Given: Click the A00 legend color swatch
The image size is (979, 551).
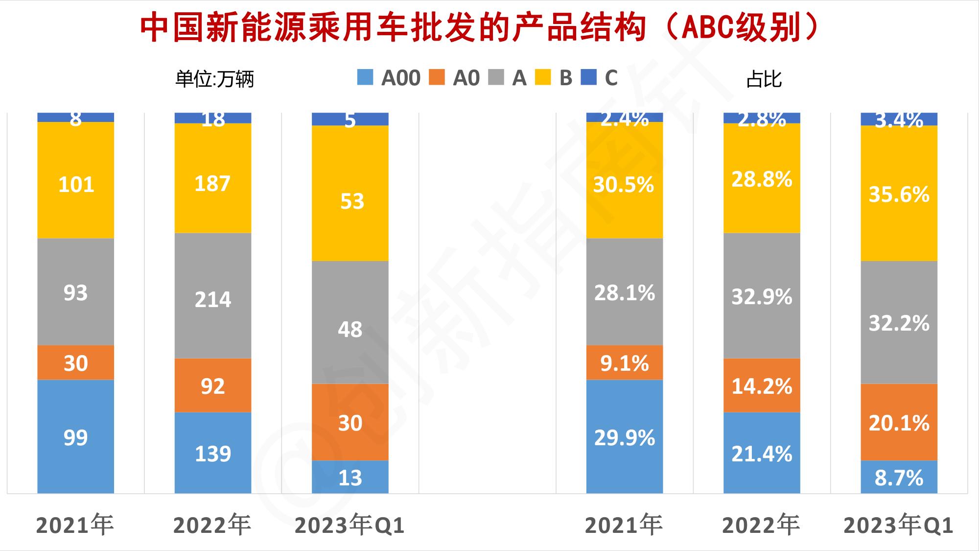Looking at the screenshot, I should click(x=365, y=77).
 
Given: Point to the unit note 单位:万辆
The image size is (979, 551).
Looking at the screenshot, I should click(x=214, y=79).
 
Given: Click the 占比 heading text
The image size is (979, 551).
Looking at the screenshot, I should click(x=764, y=79).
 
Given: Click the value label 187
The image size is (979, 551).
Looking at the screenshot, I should click(x=212, y=184).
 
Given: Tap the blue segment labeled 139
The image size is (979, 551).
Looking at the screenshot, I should click(x=213, y=453).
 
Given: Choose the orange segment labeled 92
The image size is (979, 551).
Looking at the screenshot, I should click(x=213, y=385).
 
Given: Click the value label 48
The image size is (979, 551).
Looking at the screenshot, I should click(x=350, y=330).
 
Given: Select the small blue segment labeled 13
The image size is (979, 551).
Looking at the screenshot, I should click(x=350, y=477).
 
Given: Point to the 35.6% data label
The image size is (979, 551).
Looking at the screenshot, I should click(x=899, y=195).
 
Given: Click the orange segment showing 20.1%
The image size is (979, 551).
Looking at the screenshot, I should click(x=899, y=422).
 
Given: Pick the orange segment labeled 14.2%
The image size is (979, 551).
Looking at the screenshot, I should click(x=762, y=385).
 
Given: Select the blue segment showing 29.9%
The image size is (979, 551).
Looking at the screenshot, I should click(x=625, y=437).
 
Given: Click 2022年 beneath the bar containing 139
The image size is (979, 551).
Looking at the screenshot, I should click(x=212, y=525).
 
